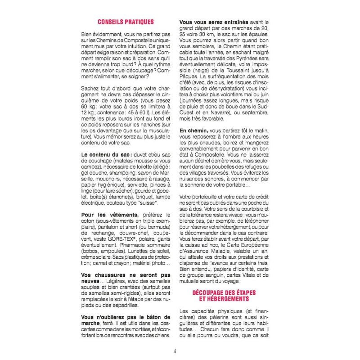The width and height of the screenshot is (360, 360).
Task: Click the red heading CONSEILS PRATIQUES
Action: click(126, 22)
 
